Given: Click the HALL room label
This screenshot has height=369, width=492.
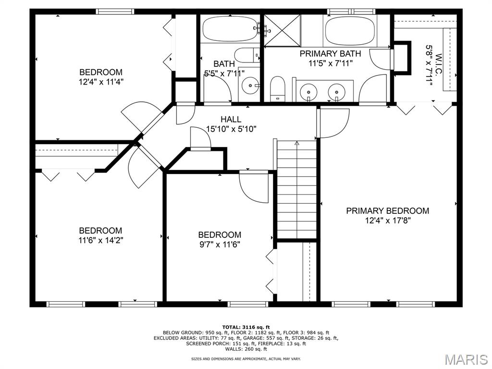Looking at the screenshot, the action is (231, 119).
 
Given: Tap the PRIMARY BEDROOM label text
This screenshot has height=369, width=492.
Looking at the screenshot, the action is (388, 211).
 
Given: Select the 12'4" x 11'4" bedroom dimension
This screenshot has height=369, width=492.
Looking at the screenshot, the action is (101, 82).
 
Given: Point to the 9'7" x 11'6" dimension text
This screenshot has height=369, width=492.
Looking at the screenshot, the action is (220, 245).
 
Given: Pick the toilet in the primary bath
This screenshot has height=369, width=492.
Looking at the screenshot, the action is (277, 88).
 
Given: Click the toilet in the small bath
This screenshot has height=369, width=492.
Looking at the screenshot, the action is (247, 55).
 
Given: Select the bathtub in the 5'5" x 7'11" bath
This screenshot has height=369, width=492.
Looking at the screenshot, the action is (230, 29).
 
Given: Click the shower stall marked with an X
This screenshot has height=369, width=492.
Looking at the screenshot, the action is (282, 30).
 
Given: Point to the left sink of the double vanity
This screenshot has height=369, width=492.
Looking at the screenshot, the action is (308, 92).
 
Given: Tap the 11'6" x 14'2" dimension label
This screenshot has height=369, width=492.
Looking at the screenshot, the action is (101, 241).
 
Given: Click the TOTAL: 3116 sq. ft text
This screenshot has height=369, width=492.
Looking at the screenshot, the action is (246, 327).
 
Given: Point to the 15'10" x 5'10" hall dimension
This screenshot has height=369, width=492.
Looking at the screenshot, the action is (231, 129).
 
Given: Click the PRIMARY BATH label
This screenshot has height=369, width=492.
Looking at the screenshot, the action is (330, 54).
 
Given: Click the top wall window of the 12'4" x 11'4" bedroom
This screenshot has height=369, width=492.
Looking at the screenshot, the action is (115, 12).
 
